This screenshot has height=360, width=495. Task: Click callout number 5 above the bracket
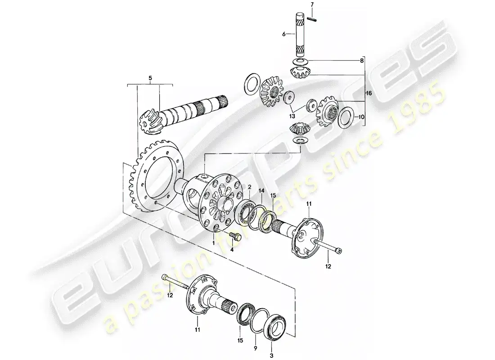pos(150,78)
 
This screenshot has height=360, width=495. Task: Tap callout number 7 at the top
pos(313,4)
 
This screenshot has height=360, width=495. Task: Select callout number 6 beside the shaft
pos(284,34)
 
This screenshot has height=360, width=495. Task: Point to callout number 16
pos(369,93)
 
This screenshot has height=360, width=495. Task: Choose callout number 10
pos(361,117)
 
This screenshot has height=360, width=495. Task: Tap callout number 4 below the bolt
pos(232,250)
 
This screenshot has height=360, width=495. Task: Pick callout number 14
pos(261,190)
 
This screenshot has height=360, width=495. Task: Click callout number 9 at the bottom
pos(255,348)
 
